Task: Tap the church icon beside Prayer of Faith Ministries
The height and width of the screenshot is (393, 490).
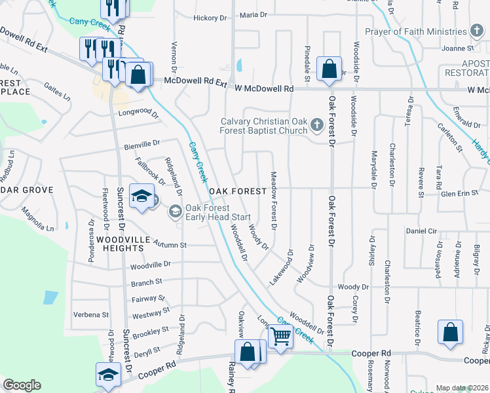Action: point(478,31)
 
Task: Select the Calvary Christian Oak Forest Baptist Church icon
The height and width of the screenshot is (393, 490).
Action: point(316,124)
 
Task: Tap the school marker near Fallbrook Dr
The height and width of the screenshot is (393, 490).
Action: point(141,196)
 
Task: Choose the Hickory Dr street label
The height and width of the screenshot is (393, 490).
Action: point(209,17)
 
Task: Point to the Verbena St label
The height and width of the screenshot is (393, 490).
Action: point(91,314)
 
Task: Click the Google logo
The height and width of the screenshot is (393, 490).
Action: point(22,385)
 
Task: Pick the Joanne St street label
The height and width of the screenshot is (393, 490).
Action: point(457,48)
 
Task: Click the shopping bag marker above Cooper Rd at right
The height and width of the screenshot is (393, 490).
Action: point(451,332)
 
